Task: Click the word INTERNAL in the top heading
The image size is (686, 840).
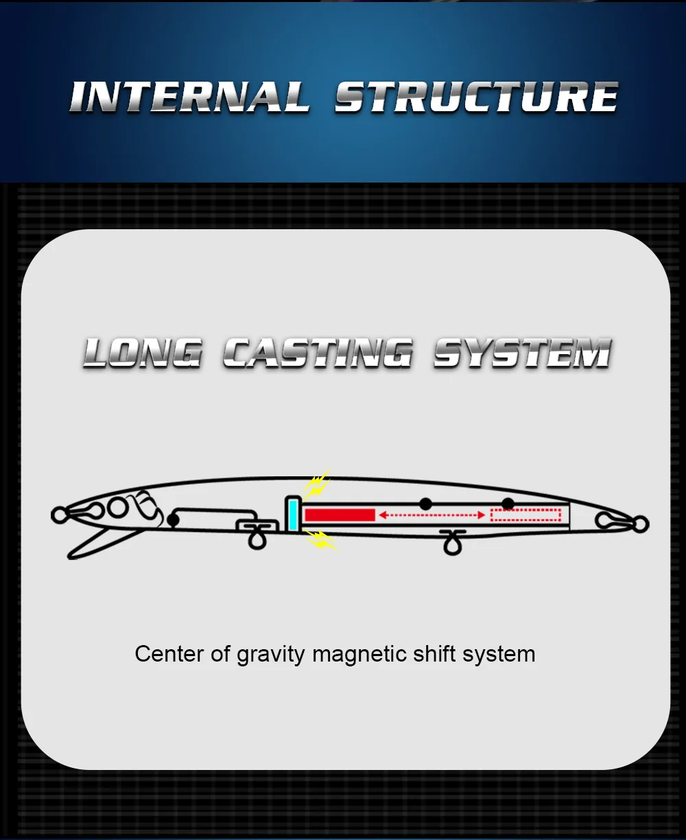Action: coord(189,97)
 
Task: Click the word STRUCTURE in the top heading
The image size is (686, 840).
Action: coord(476,97)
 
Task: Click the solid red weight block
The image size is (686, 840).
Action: coord(340,515)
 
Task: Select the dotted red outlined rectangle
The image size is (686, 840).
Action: coord(525,515)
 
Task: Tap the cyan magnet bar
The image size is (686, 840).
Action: coord(293,514)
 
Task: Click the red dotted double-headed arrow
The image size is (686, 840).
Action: coord(432,515)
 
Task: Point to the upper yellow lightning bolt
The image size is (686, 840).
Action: coord(316,486)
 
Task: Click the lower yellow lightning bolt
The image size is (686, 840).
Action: coord(320,539)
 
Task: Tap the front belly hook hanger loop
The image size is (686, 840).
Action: coord(257,539)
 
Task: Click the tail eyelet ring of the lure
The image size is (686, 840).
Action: coord(640,525)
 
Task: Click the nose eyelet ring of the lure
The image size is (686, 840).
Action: coord(59,514)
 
